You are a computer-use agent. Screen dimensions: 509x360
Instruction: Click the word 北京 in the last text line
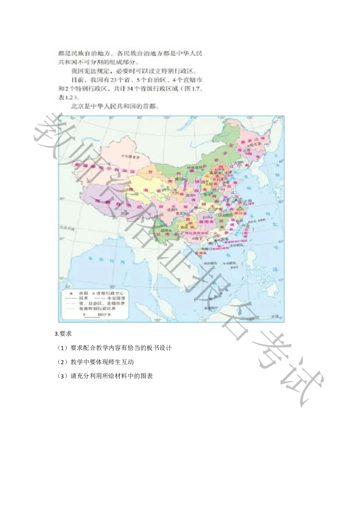tap(77, 107)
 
